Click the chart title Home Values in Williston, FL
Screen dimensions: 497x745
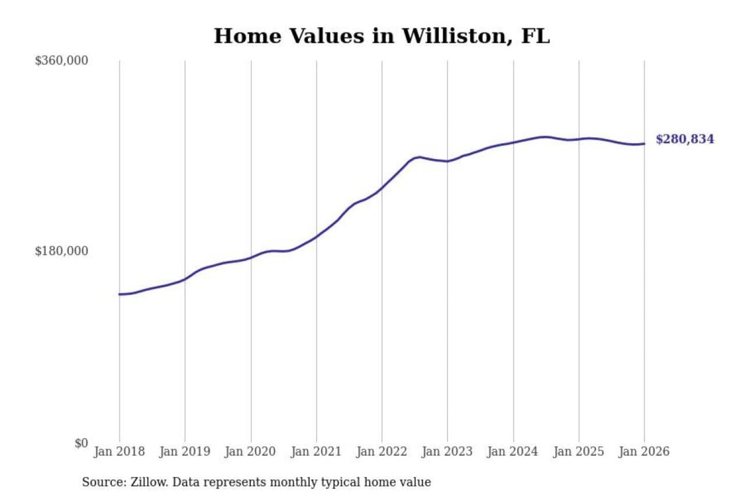381,36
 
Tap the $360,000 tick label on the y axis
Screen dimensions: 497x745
62,61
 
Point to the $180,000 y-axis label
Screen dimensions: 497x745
62,251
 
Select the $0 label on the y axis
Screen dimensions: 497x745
81,443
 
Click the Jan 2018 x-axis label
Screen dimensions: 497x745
119,451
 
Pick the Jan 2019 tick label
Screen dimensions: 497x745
185,451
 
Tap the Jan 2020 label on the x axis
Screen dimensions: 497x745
250,451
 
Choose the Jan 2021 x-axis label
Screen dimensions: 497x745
316,451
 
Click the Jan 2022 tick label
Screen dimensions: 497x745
382,451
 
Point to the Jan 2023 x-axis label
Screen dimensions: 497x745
447,451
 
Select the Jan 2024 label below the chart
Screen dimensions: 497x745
513,451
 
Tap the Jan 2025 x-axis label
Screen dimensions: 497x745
578,451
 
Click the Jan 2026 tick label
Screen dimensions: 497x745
644,451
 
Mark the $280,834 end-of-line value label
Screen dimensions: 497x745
684,139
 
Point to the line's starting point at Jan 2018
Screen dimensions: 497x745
120,294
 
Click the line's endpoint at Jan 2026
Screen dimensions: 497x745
644,144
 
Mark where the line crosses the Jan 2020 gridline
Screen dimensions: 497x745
251,257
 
